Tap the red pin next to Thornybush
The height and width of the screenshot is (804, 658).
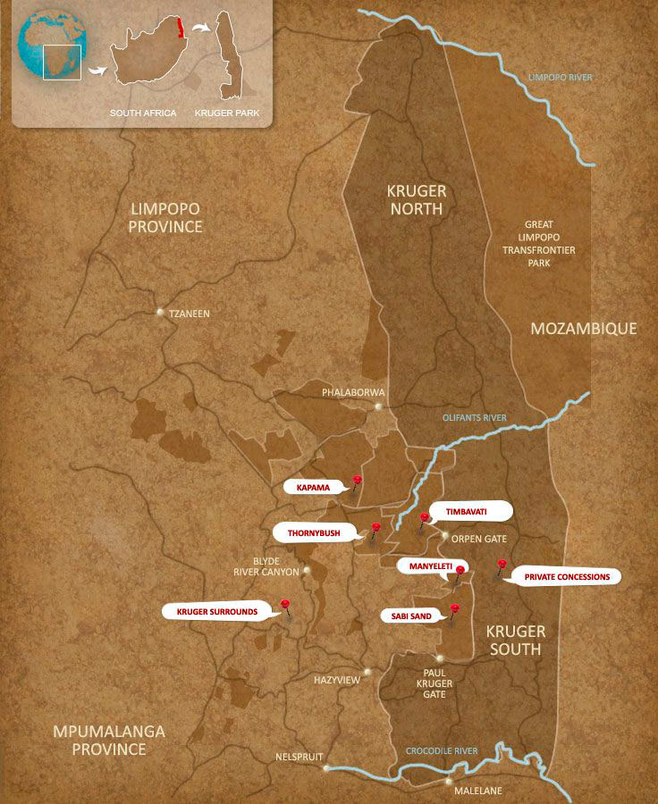point(375,528)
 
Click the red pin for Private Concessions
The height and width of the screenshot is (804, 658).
point(502,564)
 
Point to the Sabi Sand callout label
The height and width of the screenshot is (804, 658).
point(411,616)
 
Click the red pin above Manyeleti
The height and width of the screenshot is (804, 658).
point(460,569)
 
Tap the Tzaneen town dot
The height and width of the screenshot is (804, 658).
point(160,313)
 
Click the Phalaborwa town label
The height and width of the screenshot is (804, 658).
point(353,392)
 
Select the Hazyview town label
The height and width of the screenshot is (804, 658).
point(337,680)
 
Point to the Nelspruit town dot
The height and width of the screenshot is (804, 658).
point(327,767)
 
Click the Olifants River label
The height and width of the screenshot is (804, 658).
point(474,417)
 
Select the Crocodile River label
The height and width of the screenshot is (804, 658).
point(442,750)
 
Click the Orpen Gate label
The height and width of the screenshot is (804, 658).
point(479,539)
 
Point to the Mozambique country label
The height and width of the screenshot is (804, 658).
point(583,329)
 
